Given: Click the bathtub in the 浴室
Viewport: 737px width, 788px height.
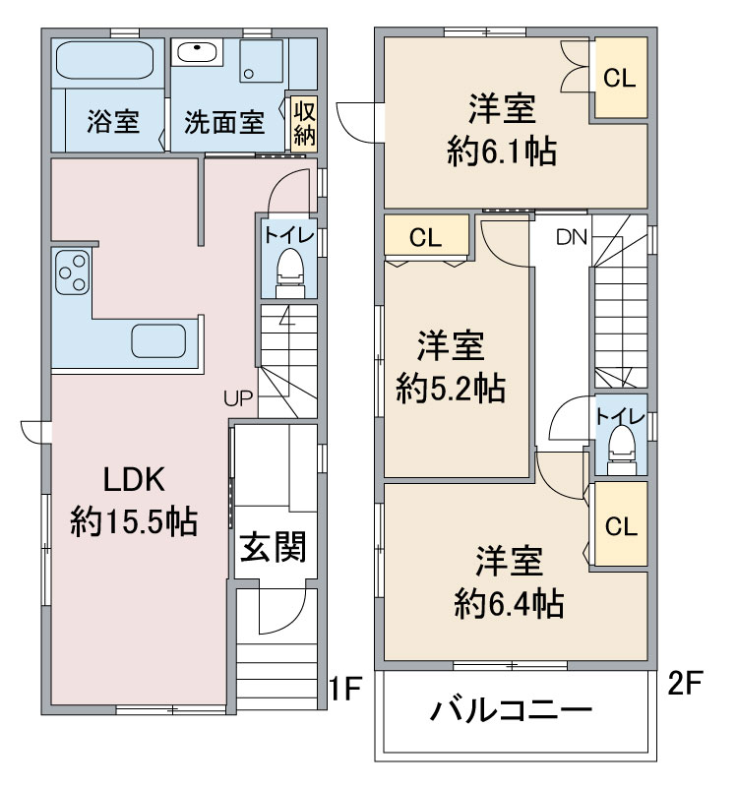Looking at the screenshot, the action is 104,60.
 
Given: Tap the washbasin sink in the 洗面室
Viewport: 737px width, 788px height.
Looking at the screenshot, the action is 196,52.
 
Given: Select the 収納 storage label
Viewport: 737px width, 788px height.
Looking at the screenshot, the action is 304,124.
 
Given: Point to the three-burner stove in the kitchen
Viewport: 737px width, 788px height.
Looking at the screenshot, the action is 73,273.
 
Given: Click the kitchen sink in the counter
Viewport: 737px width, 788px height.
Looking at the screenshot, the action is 158,340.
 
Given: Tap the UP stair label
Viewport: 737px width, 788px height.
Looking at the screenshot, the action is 238,398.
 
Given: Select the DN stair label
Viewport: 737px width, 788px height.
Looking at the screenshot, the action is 572,237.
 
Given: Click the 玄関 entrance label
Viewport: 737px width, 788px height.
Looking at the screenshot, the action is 273,547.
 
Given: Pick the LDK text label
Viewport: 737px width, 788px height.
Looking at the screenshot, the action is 134,479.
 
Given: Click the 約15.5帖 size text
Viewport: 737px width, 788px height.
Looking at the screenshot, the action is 134,521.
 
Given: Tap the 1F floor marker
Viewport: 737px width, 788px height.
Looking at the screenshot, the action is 345,689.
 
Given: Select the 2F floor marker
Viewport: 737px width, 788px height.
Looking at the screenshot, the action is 684,683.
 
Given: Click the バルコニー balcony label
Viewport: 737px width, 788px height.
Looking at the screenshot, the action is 511,710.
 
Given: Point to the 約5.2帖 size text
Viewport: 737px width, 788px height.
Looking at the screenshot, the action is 451,388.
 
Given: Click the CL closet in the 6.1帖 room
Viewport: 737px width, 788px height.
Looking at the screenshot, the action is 620,78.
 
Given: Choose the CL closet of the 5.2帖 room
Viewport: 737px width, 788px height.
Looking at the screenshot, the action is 426,236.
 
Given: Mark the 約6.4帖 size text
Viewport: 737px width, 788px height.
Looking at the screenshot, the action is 509,604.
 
